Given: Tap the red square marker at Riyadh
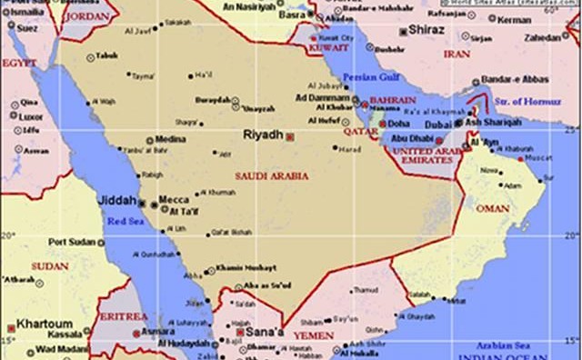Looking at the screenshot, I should click(290, 136).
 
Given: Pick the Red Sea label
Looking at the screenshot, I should click(125, 220).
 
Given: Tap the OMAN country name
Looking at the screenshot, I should click(493, 207).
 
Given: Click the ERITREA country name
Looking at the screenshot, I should click(122, 316).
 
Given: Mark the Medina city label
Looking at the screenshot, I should click(171, 139).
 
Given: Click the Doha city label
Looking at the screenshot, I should click(398, 123).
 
